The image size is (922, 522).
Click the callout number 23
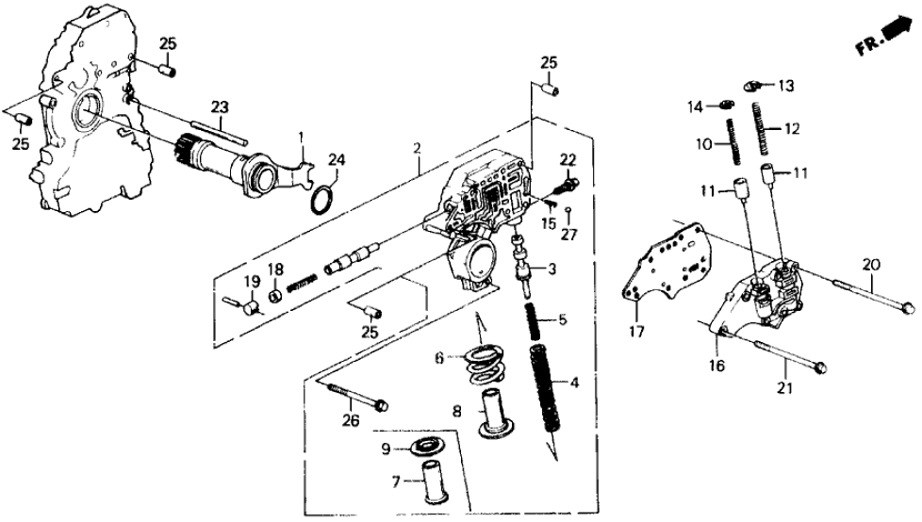pyautogui.click(x=220, y=107)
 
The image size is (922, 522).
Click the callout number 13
pyautogui.click(x=786, y=85)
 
